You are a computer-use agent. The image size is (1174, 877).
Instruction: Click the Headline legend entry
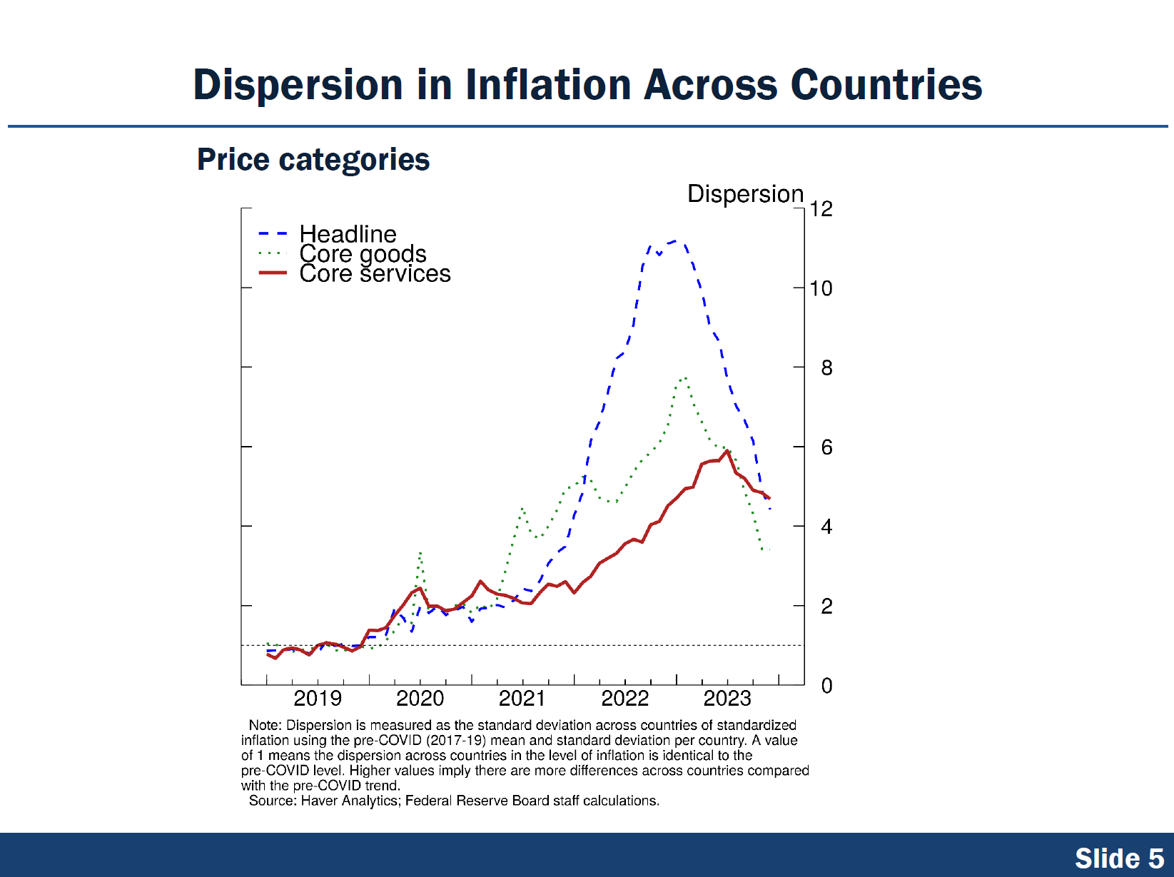coord(348,234)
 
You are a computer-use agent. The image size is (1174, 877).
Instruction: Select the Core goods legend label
coord(363,254)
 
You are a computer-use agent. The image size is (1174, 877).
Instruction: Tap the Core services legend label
coord(375,274)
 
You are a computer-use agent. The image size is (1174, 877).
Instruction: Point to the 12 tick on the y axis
coord(821,209)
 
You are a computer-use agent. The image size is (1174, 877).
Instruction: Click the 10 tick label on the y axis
coord(821,288)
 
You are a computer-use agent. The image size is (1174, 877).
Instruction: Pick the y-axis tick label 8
coord(826,368)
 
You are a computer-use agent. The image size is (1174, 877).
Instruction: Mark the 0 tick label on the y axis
coord(826,686)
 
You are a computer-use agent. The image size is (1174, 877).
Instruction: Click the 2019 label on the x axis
coord(318,699)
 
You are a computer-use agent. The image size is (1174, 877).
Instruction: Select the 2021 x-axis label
coord(522,699)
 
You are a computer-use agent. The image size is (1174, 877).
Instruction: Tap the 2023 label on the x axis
coord(727,699)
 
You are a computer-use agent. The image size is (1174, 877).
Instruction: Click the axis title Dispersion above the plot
coord(745,194)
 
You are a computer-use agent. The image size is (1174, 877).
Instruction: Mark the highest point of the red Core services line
coord(727,451)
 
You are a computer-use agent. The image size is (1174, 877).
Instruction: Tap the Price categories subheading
coord(313,160)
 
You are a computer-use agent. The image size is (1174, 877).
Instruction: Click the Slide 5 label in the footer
coord(1118,858)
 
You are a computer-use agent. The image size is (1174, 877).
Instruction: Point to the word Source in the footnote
coord(271,801)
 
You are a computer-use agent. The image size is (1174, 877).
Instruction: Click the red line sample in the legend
coord(273,273)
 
